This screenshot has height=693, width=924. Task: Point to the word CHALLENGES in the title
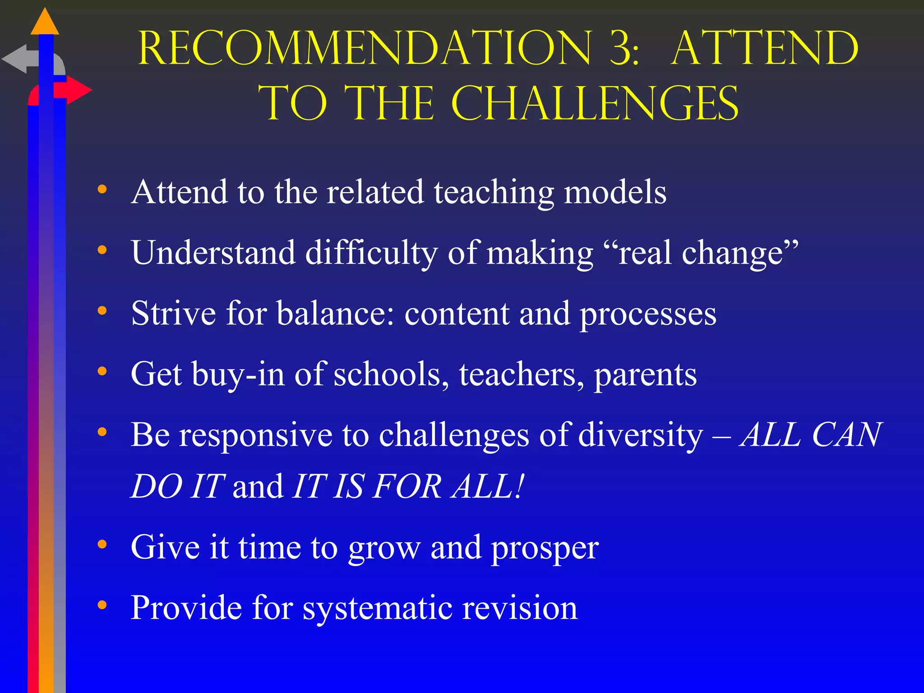[x=595, y=104]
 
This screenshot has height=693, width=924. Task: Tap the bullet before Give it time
[x=102, y=544]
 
